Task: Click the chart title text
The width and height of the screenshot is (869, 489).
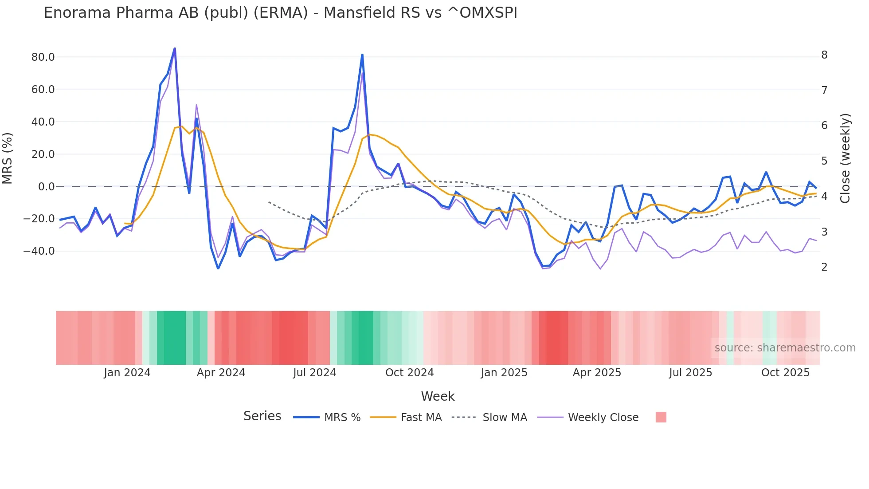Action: coord(280,13)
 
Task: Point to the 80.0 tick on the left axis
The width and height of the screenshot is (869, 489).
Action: coord(43,57)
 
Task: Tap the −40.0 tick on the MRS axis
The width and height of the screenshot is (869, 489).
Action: coord(39,251)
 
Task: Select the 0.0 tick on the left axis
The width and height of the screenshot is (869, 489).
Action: coord(46,187)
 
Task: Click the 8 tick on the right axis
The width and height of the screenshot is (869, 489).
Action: coord(824,55)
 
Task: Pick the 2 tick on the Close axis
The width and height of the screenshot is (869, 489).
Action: coord(824,267)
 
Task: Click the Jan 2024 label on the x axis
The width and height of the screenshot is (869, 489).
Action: coord(127,373)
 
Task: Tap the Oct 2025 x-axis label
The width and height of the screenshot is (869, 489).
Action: coord(785,373)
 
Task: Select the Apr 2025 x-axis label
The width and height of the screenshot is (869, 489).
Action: coord(597,373)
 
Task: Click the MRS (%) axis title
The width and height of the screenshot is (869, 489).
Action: coord(8,158)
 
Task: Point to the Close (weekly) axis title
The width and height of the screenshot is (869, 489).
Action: coord(845,158)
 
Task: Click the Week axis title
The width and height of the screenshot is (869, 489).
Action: coord(438,396)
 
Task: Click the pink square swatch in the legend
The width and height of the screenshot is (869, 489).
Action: coord(661,417)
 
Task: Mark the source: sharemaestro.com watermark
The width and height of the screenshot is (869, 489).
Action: coord(785,348)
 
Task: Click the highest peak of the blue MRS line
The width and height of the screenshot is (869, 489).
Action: coord(175,48)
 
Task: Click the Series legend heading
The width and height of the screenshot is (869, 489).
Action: coord(262,416)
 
